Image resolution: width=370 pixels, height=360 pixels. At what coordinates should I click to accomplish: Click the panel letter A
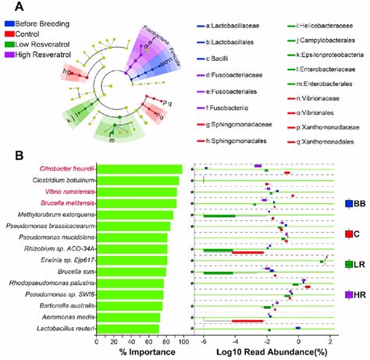tap(11, 7)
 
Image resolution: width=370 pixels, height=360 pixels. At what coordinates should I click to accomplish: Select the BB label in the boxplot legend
tap(359, 204)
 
